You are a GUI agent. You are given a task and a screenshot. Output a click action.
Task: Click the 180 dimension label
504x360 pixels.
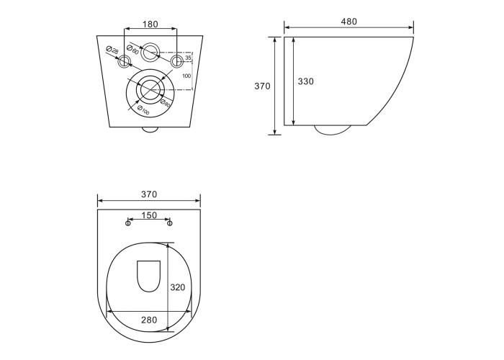[x=150, y=24]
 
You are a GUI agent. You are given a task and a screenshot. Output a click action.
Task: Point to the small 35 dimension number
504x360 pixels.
[x=188, y=58]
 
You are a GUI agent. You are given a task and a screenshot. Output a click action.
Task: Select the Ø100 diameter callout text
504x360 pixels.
[x=143, y=110]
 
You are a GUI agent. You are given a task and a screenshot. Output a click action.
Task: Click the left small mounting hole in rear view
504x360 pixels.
[x=124, y=60]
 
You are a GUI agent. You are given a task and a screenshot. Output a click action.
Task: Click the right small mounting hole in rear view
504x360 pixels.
[x=176, y=60]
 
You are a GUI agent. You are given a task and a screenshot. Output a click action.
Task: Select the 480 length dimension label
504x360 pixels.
[x=348, y=22]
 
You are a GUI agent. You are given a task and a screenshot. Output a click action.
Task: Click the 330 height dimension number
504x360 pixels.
[x=306, y=81]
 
